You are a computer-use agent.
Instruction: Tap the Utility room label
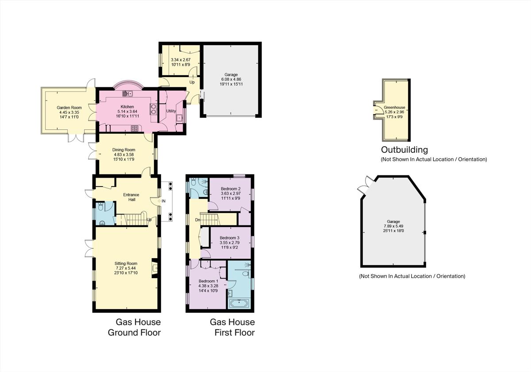click(171, 111)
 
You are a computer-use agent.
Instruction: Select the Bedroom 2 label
click(230, 189)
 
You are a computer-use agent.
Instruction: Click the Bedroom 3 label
click(230, 238)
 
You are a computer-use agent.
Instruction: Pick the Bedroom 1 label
click(208, 281)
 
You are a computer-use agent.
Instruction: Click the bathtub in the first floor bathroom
click(239, 304)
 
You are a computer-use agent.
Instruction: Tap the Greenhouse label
click(394, 107)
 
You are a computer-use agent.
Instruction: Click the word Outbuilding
click(404, 150)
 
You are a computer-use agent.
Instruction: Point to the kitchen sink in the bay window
click(128, 93)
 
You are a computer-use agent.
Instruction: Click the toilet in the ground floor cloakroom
click(101, 206)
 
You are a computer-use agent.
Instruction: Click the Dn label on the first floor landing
click(198, 220)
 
